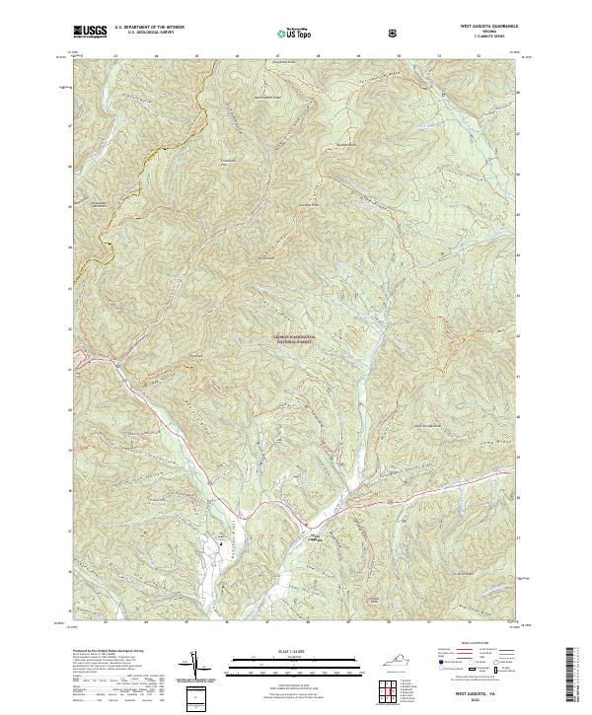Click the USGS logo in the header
90,33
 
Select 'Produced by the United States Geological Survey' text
108,651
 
